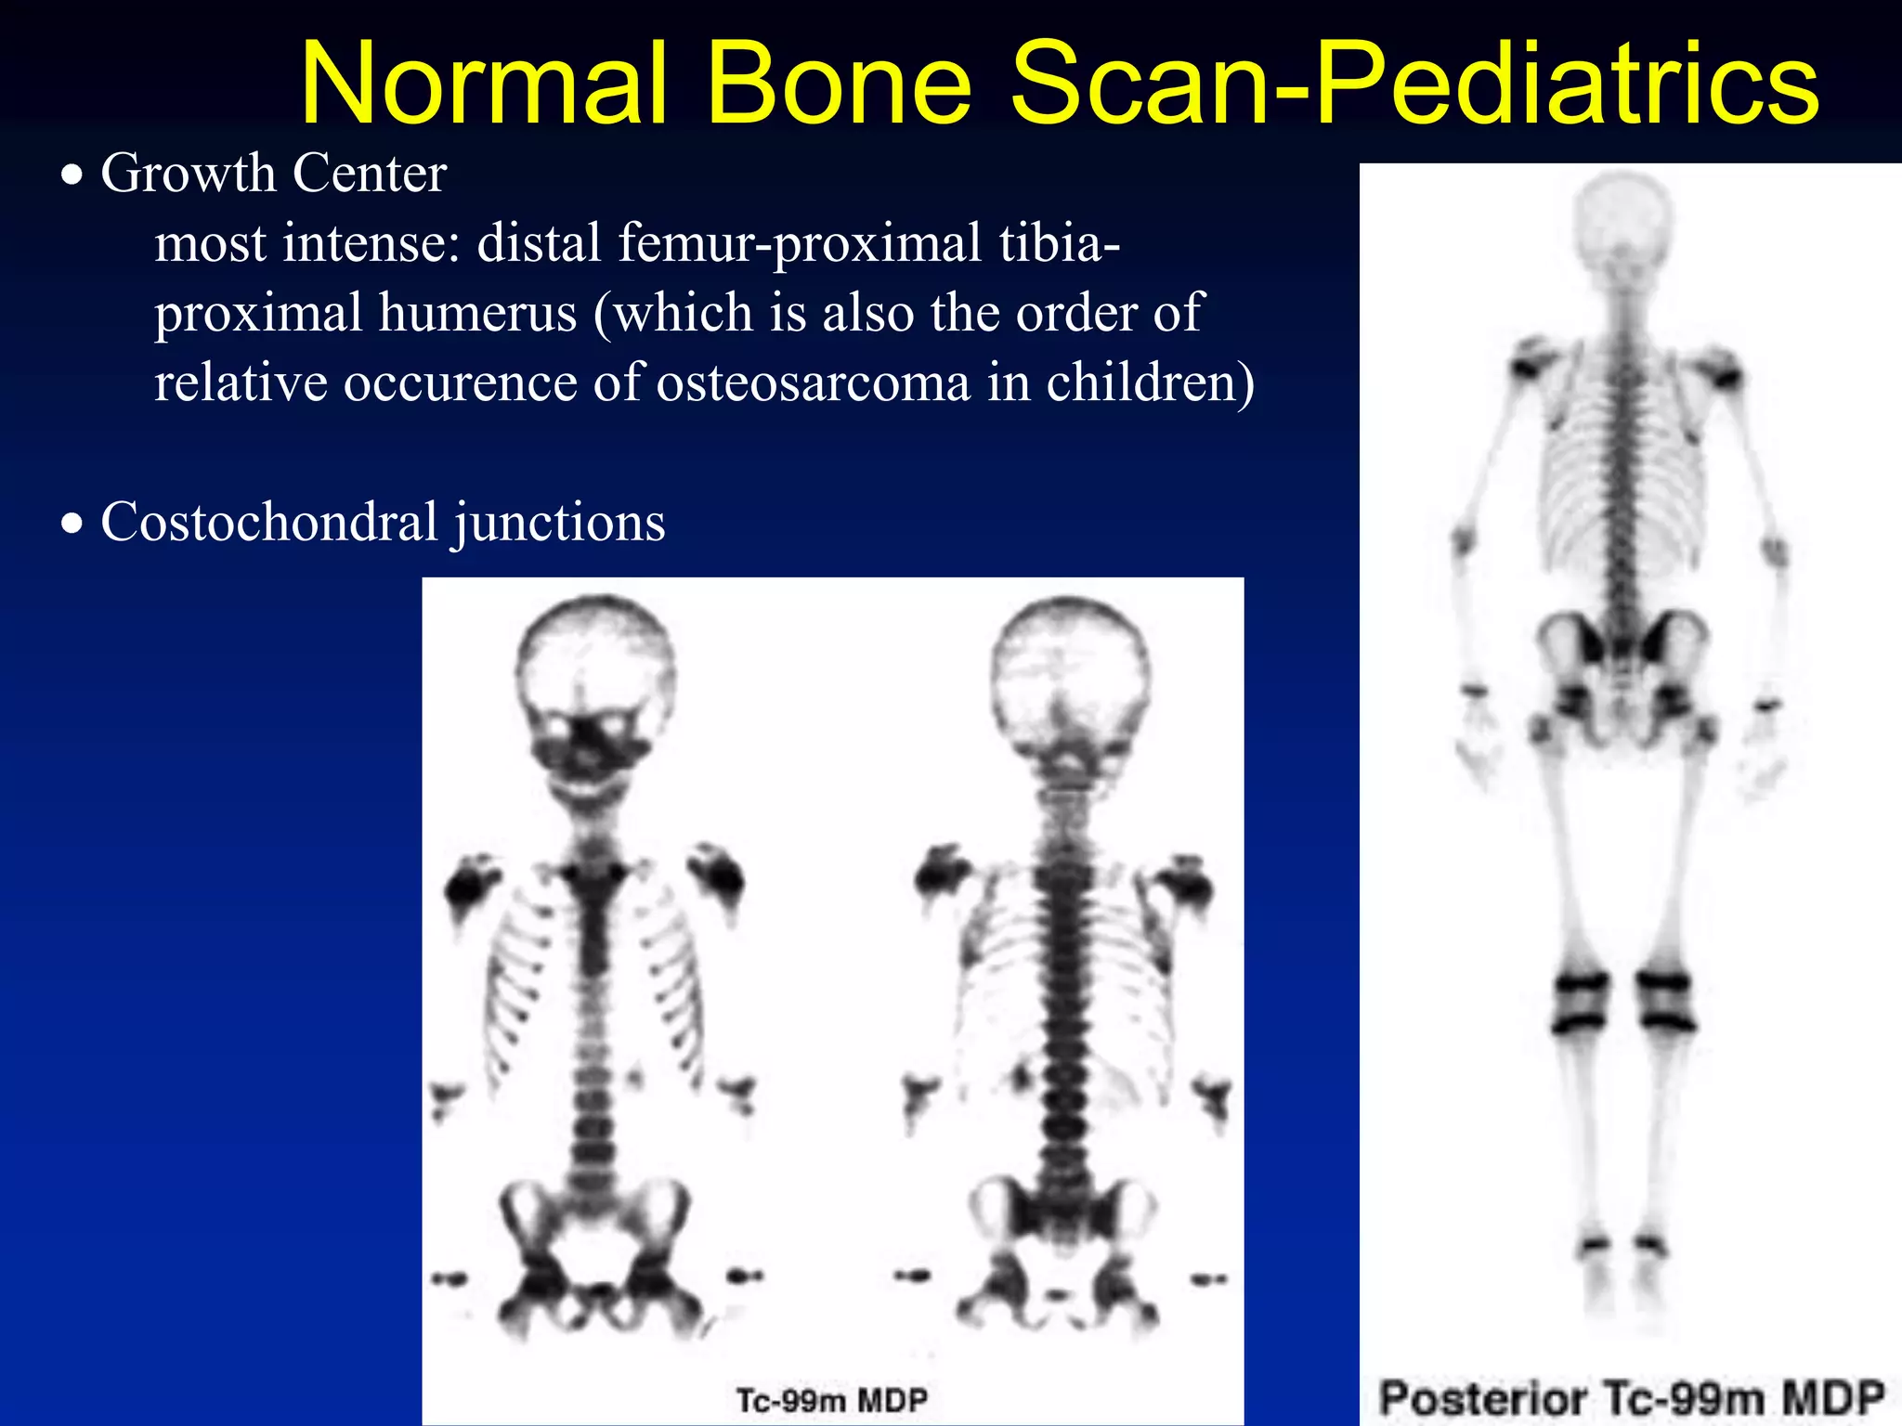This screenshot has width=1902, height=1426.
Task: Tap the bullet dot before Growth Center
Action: click(72, 175)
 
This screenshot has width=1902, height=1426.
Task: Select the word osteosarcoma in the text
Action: click(813, 382)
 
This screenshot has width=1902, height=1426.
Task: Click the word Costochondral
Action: click(269, 522)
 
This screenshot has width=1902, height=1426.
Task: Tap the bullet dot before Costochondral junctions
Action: click(72, 524)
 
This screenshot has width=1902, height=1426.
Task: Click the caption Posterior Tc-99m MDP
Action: click(1632, 1398)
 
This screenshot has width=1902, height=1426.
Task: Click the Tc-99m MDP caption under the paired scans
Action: click(831, 1400)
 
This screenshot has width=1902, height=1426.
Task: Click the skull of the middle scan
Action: click(1070, 678)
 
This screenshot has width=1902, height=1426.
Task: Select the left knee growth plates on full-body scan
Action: click(1579, 1003)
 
